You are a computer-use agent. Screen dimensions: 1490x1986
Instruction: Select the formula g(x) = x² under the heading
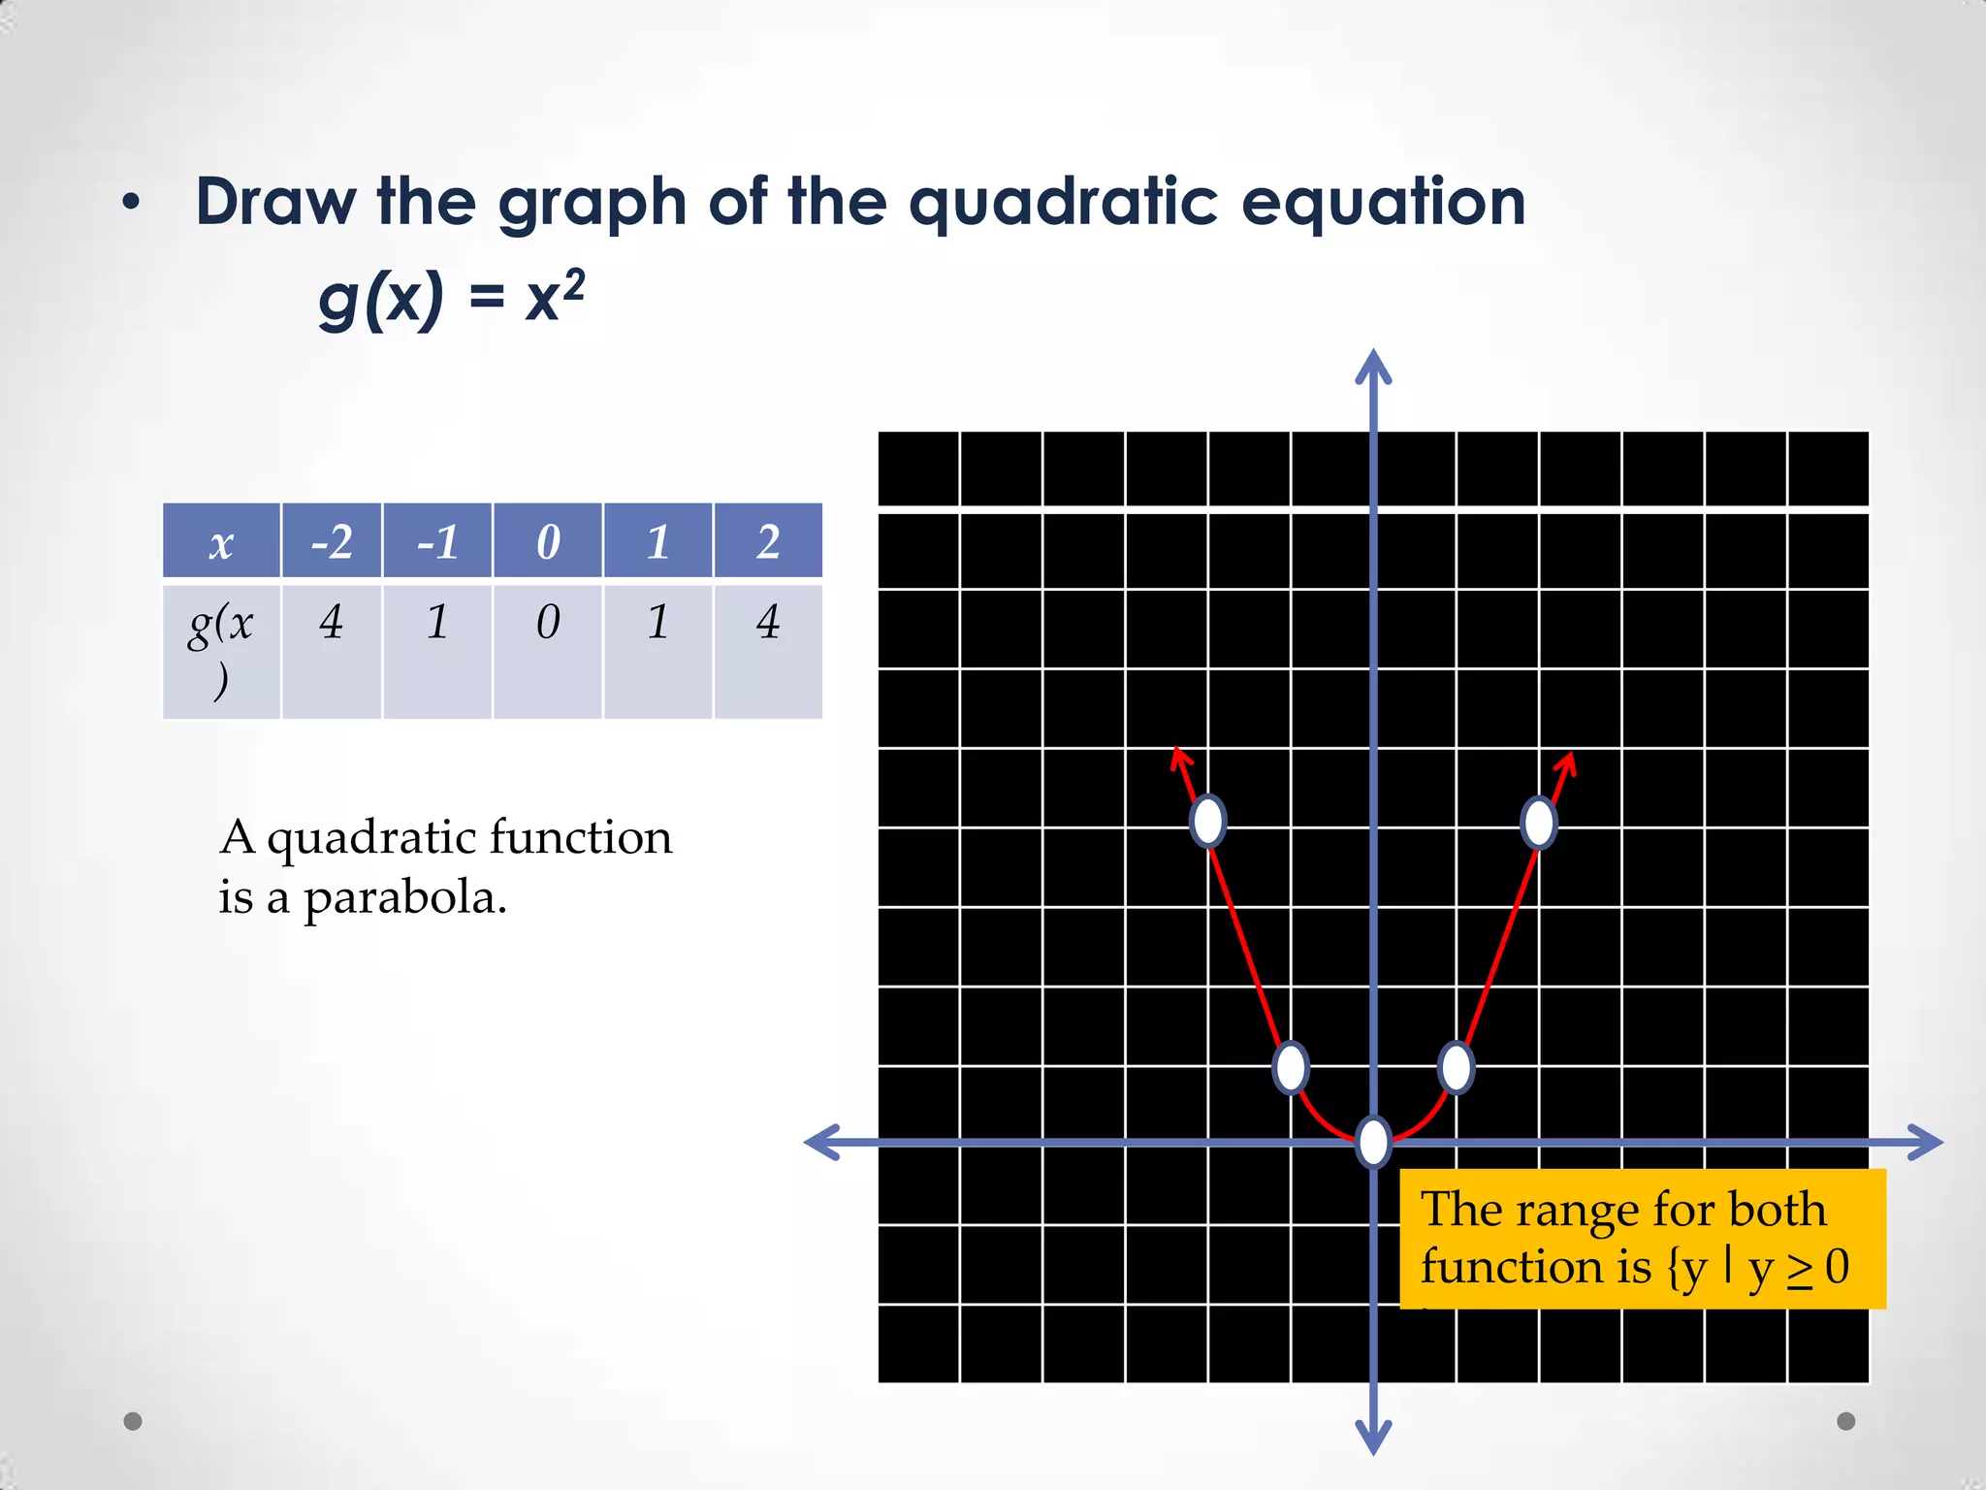(x=452, y=299)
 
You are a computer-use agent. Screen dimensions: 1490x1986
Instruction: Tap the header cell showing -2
(x=332, y=541)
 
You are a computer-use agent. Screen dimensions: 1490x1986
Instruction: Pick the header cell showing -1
(x=437, y=541)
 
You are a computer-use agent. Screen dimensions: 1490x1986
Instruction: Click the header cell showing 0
(x=548, y=541)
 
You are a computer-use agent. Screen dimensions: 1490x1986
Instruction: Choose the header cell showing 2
(x=768, y=541)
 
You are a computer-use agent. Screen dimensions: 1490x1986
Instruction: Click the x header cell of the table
(x=221, y=541)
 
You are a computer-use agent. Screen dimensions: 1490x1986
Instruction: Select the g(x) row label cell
(x=221, y=650)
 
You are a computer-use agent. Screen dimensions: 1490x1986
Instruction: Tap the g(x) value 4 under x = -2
(x=332, y=623)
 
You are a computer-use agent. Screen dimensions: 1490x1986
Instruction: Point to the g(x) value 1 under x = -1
(x=437, y=623)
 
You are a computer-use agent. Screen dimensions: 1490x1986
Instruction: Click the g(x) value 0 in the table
(x=548, y=623)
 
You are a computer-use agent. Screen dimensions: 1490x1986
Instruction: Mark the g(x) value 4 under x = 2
(x=768, y=623)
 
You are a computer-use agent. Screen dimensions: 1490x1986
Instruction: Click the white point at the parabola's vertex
(x=1373, y=1142)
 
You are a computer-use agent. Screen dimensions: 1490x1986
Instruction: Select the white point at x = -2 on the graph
(x=1208, y=822)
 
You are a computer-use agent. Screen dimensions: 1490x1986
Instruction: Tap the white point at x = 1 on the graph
(x=1456, y=1067)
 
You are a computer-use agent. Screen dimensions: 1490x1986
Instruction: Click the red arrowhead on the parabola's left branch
(x=1178, y=757)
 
